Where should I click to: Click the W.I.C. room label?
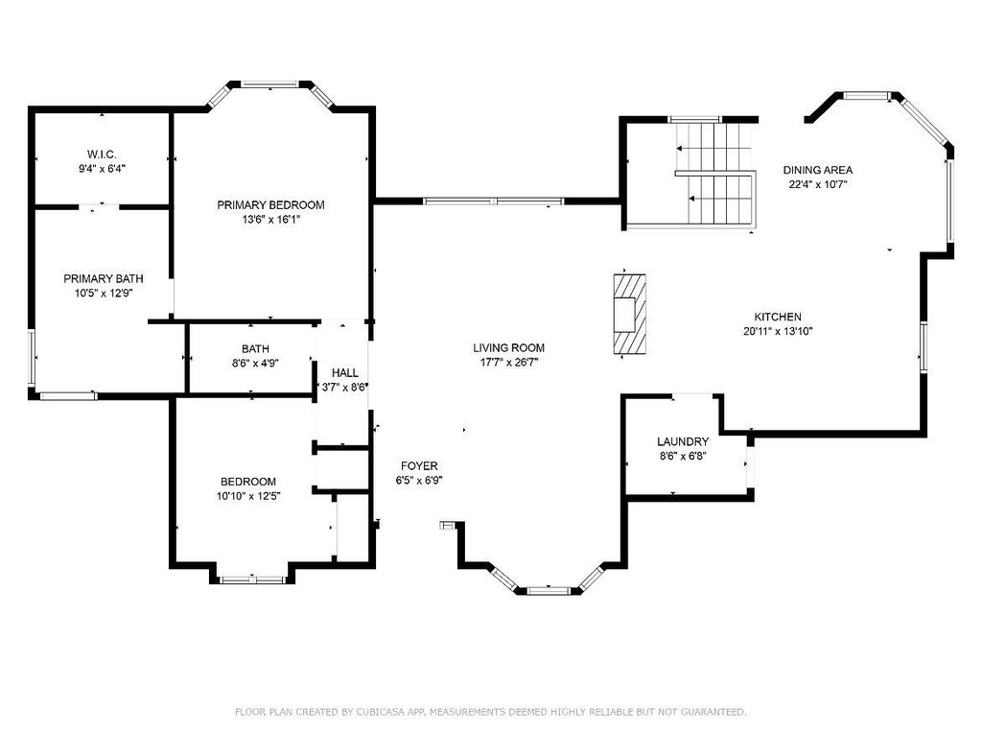click(102, 154)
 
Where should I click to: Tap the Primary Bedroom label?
click(270, 205)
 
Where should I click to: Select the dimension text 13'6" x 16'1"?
click(271, 220)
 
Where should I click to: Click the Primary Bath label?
click(104, 279)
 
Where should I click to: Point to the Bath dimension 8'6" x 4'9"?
click(255, 363)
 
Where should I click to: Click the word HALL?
click(345, 373)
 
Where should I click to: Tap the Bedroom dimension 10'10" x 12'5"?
click(248, 496)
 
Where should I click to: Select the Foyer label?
click(419, 466)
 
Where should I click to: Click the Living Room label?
click(508, 347)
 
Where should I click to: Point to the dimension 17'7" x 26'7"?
click(509, 362)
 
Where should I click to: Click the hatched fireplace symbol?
click(629, 314)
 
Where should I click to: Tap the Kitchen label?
click(777, 317)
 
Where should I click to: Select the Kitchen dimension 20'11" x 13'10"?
click(778, 332)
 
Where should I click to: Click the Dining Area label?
click(818, 170)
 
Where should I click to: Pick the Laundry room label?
click(683, 441)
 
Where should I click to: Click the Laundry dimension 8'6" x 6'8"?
click(683, 456)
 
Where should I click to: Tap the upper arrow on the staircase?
click(713, 149)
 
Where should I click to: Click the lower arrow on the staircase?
click(719, 199)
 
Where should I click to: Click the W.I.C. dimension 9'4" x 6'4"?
click(102, 169)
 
